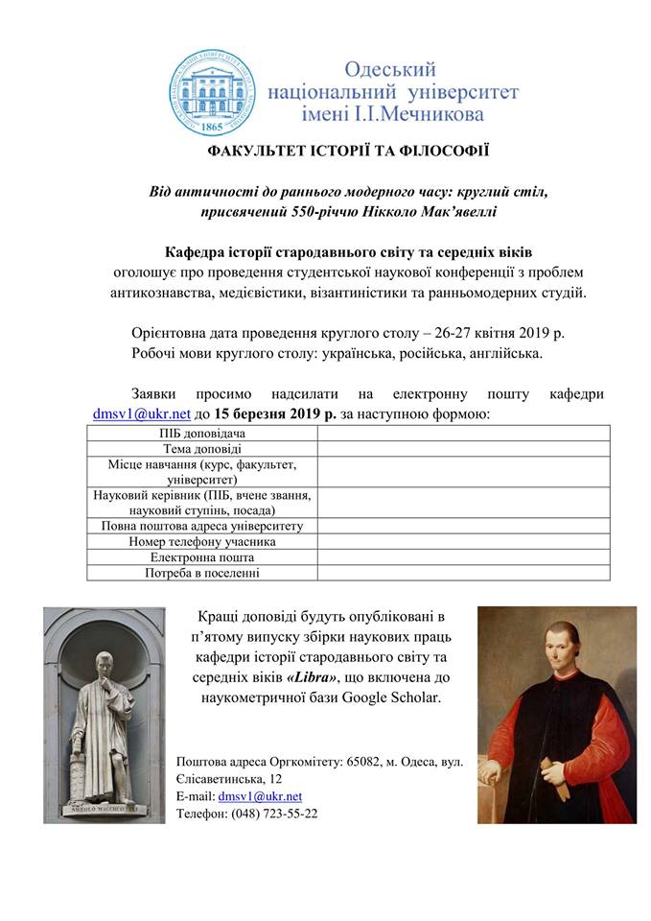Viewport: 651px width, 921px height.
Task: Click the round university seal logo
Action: [x=213, y=91]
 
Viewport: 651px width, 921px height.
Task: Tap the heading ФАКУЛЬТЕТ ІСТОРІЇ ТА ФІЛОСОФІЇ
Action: [x=325, y=152]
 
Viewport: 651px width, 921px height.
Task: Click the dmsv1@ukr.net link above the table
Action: [x=141, y=414]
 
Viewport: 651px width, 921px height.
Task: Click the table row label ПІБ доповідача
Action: [x=202, y=434]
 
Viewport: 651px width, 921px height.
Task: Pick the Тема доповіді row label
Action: [x=202, y=448]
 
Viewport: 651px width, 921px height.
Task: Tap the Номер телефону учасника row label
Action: [x=202, y=541]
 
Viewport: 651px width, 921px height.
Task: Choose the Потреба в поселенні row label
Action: [x=202, y=573]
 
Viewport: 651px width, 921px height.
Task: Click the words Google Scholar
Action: [x=395, y=697]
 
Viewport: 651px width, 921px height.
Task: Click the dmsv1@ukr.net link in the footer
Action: [x=260, y=795]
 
